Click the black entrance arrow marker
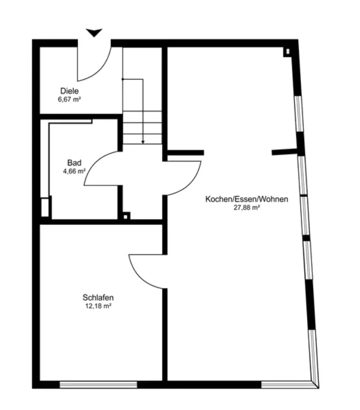tap(94, 33)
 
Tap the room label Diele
tap(70, 91)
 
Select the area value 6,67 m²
tap(69, 99)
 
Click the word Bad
tap(74, 163)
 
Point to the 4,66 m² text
tap(74, 171)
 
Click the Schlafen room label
tap(98, 298)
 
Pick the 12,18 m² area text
tap(98, 306)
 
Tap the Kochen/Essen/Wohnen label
tap(247, 199)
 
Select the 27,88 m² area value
tap(247, 208)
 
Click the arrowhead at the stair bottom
tap(143, 142)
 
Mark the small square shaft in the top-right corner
tap(287, 52)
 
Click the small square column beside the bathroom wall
tap(126, 216)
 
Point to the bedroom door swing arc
tap(139, 278)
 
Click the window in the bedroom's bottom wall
tap(98, 384)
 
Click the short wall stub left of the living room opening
tap(185, 153)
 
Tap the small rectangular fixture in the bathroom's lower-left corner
tap(45, 207)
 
